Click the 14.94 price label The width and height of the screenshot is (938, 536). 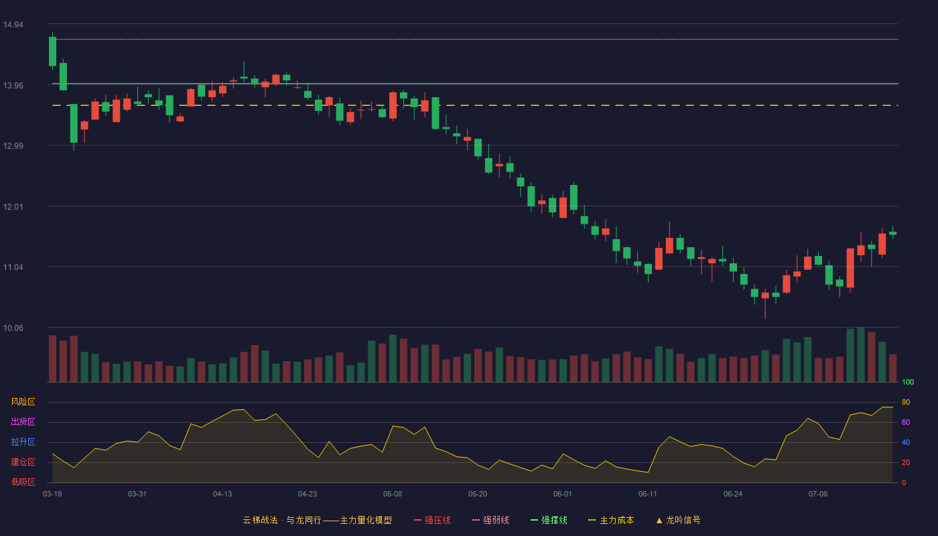[13, 25]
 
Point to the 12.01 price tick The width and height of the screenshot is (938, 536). [13, 207]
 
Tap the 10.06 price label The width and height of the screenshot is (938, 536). [13, 328]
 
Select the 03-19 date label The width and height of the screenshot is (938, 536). [52, 494]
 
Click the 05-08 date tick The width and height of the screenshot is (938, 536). [393, 494]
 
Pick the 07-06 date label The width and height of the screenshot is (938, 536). [818, 494]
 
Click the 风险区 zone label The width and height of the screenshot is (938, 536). [23, 402]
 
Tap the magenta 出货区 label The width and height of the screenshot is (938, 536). [23, 421]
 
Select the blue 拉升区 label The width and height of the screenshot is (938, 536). [23, 442]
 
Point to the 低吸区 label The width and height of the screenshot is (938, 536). [23, 482]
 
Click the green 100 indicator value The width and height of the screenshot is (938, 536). [908, 382]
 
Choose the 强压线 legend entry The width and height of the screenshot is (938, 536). [432, 520]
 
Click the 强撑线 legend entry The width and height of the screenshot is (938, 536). [549, 520]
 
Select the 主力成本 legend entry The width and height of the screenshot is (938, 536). [611, 520]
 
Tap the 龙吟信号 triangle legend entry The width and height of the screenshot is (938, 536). [678, 520]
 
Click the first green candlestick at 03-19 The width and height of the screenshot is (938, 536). [52, 51]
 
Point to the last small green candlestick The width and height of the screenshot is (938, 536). [892, 233]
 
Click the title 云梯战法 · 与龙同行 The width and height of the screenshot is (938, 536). [282, 520]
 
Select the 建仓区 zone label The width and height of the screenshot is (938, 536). [23, 462]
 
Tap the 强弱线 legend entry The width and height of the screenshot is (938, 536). [490, 520]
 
